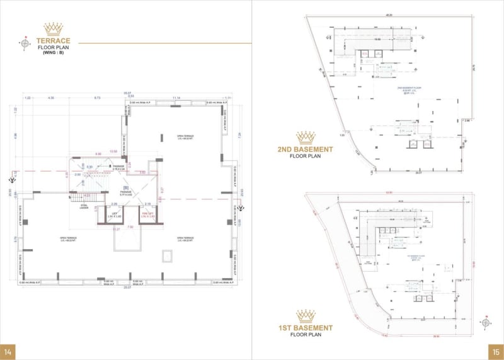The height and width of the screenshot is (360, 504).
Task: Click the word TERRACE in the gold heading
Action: click(x=53, y=40)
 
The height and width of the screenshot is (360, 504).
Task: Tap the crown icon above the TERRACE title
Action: click(x=53, y=28)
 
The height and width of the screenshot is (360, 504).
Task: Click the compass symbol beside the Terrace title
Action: click(x=25, y=44)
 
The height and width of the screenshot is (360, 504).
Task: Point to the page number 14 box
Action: click(x=8, y=351)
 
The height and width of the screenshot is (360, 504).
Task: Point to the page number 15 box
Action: click(x=496, y=351)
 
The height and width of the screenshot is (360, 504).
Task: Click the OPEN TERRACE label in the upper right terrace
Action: click(x=184, y=137)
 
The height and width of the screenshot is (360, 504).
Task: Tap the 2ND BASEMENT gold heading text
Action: click(x=306, y=149)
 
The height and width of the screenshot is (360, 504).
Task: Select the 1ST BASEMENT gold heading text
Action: click(x=306, y=328)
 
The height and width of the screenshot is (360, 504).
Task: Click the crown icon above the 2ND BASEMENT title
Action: click(x=306, y=137)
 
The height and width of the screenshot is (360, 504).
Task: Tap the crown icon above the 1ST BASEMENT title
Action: click(x=306, y=315)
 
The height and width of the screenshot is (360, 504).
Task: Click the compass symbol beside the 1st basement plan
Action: click(x=485, y=322)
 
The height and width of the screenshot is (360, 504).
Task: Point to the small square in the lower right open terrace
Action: click(x=167, y=255)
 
